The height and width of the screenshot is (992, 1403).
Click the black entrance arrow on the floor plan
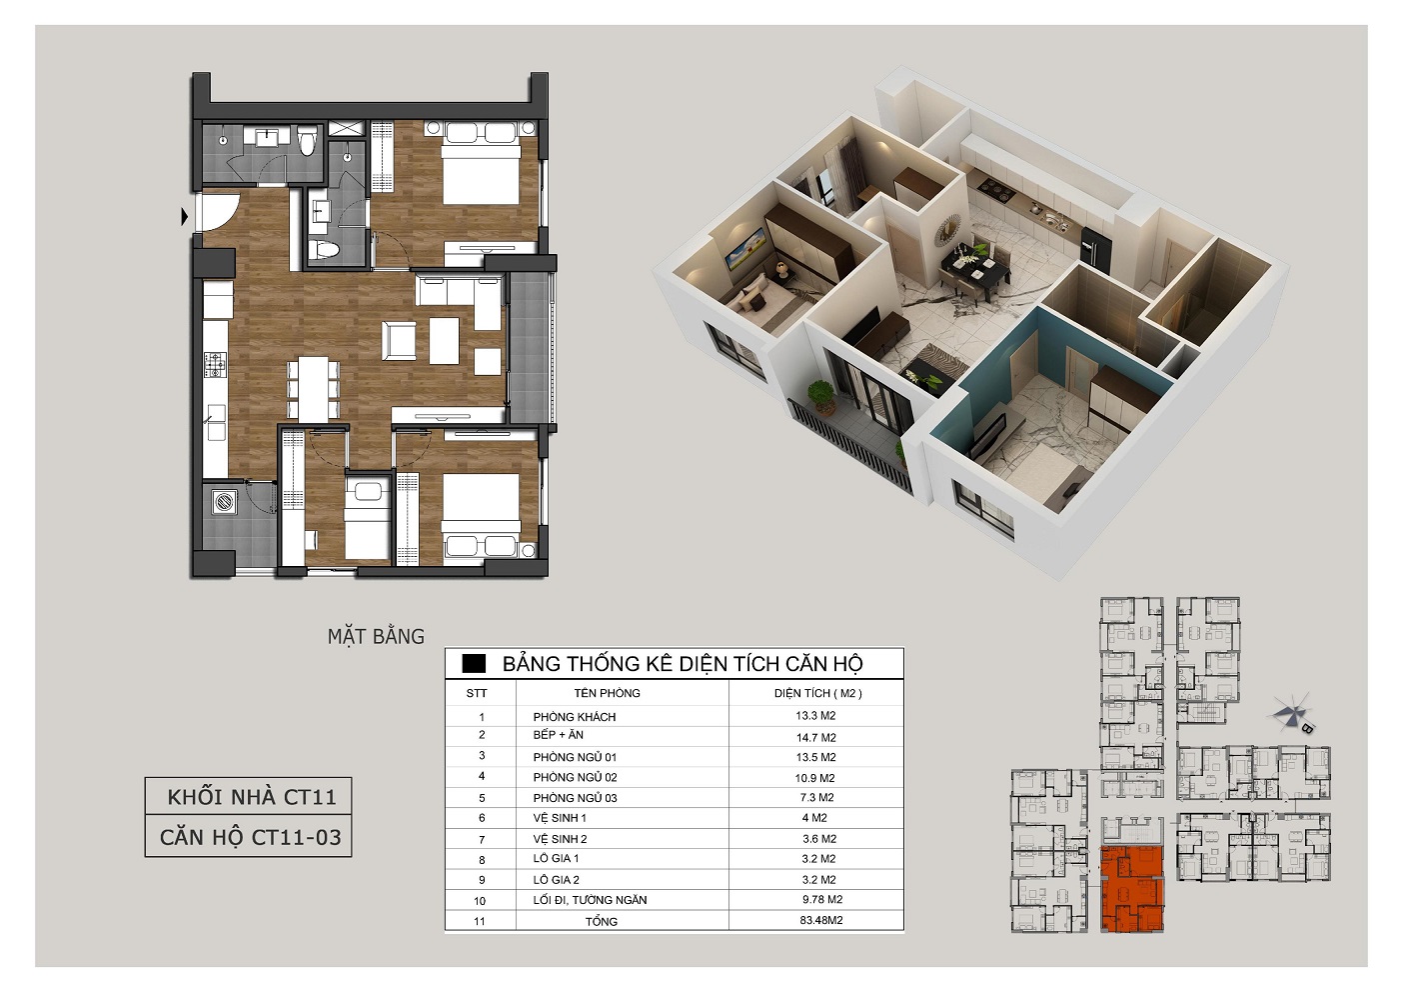[x=184, y=217]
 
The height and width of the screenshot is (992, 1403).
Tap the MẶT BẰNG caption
[x=376, y=637]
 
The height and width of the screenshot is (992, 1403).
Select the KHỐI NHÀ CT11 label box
[x=248, y=796]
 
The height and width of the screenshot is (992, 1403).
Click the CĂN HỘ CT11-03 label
[x=251, y=837]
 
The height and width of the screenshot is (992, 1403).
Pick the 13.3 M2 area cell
[x=815, y=716]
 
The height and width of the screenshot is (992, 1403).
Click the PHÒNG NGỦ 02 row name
[x=575, y=778]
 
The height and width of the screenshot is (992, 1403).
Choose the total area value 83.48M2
[x=821, y=921]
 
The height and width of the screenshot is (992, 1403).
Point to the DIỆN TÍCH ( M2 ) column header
[x=818, y=693]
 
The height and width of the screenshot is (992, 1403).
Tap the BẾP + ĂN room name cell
[x=558, y=735]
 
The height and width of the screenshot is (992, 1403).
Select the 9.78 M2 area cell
[x=822, y=900]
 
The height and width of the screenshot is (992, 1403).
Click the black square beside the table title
[x=474, y=664]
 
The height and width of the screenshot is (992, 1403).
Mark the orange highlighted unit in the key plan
[x=1131, y=889]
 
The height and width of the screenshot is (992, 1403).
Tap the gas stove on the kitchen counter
[x=215, y=364]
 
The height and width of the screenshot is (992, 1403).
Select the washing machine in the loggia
[x=223, y=502]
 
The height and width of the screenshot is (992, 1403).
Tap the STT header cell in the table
[x=477, y=693]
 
